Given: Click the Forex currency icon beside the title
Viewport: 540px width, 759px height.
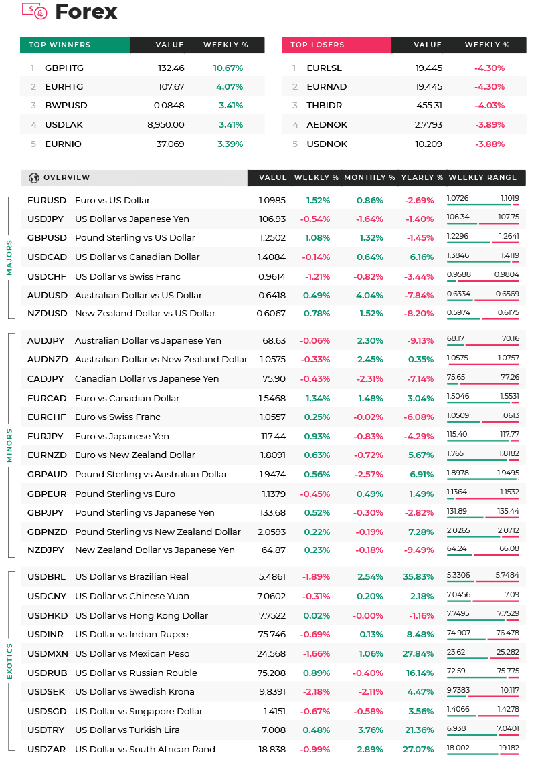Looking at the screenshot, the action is [x=34, y=11].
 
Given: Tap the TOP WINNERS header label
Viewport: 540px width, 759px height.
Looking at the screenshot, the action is [x=60, y=45].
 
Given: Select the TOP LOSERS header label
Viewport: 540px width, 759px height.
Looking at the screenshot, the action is [x=317, y=45].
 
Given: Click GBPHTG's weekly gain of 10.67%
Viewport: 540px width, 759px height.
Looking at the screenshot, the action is [x=228, y=68].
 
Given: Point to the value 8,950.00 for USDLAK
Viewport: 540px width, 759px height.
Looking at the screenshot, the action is [x=166, y=125].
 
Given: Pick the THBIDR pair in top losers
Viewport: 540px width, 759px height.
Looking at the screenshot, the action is [x=325, y=106].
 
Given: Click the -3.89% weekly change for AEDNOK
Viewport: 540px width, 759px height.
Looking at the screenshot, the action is [x=490, y=125].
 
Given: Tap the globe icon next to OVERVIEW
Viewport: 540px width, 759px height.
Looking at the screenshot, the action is [x=34, y=178].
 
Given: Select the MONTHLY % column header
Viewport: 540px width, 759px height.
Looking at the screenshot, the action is [x=369, y=178].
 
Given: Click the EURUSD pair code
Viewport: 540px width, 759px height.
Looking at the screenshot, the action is [x=47, y=201].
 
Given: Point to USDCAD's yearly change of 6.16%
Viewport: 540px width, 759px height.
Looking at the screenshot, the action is [x=422, y=257].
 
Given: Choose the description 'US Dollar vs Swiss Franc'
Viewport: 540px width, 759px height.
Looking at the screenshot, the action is [x=128, y=277].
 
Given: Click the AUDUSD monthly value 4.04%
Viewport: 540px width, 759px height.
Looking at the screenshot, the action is [x=370, y=296].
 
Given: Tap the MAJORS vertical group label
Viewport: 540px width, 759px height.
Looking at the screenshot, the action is [x=9, y=257].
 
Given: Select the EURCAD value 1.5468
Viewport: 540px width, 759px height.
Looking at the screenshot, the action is [x=272, y=399].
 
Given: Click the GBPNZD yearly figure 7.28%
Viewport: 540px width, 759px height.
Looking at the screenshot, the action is [x=422, y=532].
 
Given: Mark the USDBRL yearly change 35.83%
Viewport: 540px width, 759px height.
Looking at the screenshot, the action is [x=418, y=577].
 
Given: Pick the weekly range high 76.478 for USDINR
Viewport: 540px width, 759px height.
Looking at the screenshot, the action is [x=508, y=633].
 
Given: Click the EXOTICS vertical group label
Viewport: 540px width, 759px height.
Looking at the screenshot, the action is [x=9, y=661].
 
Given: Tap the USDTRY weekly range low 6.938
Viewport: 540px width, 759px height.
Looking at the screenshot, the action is [x=456, y=728].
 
